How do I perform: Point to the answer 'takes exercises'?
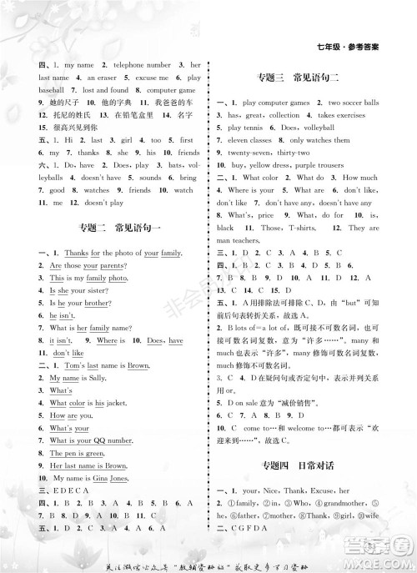pyautogui.click(x=344, y=114)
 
